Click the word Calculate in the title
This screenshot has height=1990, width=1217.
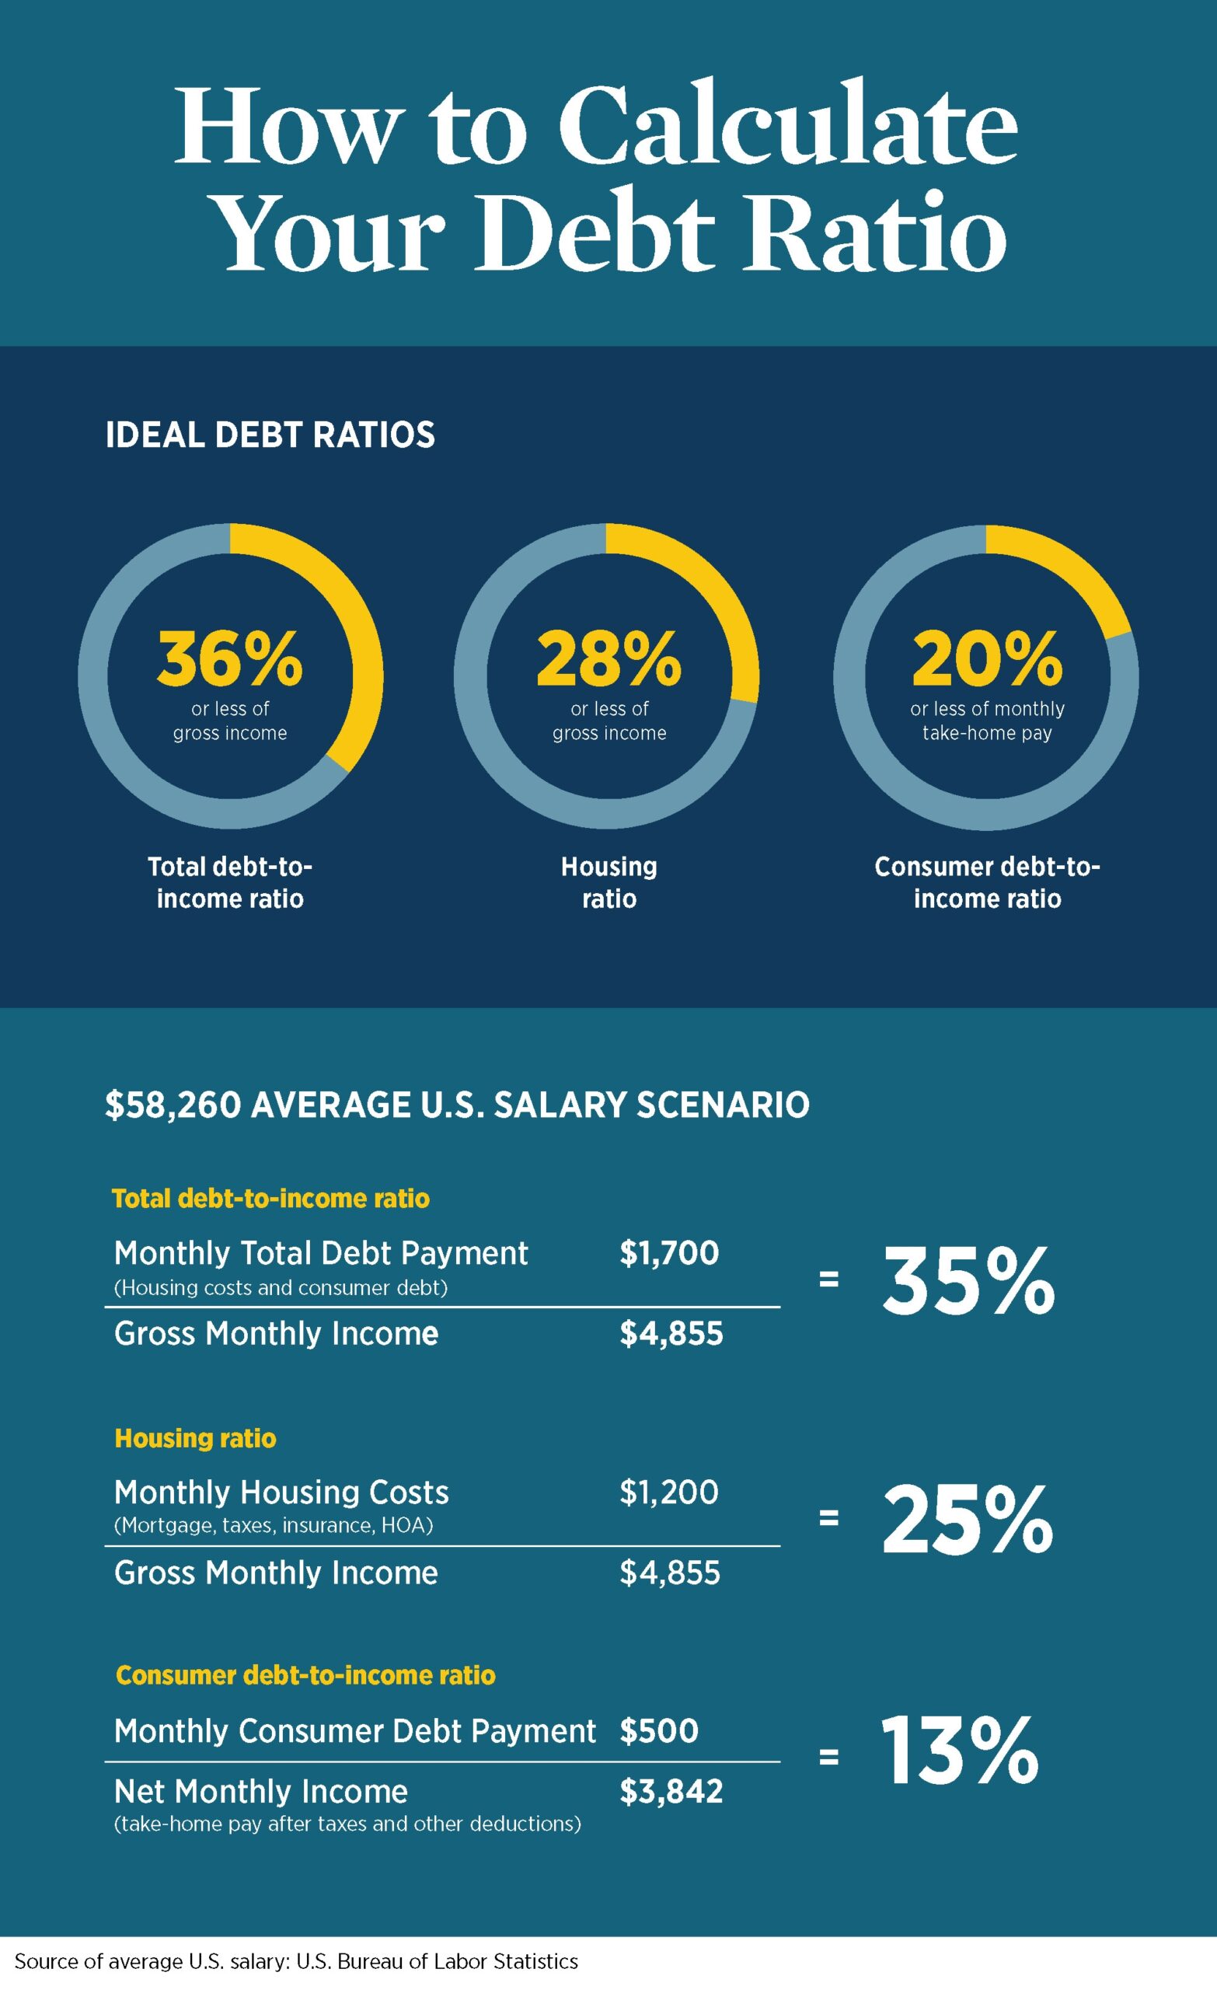point(787,123)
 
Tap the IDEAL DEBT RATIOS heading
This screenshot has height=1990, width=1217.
point(270,435)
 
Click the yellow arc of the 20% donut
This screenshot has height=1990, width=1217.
point(1074,569)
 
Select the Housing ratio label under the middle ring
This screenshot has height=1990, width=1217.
point(609,883)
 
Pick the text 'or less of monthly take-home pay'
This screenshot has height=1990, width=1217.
point(987,721)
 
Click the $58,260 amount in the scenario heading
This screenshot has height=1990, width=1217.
point(173,1105)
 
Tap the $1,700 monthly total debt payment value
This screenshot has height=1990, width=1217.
point(668,1253)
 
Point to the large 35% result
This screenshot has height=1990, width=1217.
point(968,1282)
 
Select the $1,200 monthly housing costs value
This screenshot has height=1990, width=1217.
point(668,1492)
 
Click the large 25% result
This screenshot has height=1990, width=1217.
point(968,1520)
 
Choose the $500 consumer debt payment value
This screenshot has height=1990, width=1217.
point(659,1730)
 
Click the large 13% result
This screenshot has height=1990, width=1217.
point(960,1751)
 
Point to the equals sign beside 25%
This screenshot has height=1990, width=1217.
point(828,1519)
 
